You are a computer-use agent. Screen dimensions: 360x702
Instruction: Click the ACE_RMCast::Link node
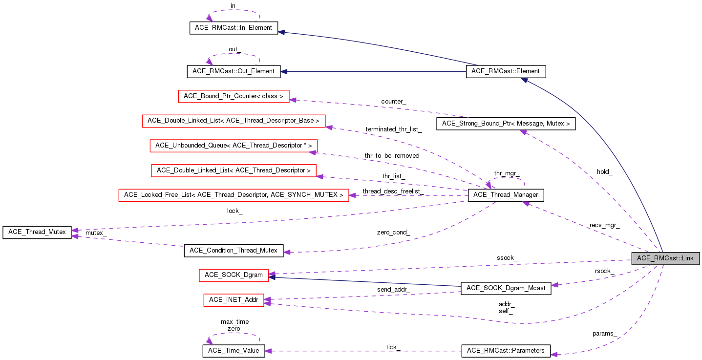[x=665, y=258]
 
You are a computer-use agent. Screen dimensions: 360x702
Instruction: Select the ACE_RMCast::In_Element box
[x=233, y=28]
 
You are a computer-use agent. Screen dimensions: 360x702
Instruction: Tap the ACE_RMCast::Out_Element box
[x=234, y=72]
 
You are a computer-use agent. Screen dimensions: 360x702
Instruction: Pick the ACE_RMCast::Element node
[x=506, y=71]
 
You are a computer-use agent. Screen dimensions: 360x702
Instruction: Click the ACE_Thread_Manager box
[x=506, y=195]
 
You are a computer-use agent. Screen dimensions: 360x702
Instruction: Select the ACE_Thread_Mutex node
[x=37, y=232]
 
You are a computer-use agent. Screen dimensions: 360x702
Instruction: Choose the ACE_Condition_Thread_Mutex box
[x=234, y=251]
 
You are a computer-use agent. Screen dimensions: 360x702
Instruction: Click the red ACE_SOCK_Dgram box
[x=234, y=275]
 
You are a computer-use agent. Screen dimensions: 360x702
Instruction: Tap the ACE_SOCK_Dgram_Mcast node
[x=506, y=288]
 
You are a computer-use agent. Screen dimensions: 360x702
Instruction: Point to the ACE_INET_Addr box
[x=234, y=299]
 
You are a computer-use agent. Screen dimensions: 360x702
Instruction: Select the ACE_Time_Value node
[x=234, y=351]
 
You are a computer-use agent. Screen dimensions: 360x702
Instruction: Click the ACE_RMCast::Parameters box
[x=506, y=351]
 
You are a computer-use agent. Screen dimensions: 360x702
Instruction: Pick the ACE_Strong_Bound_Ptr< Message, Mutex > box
[x=506, y=124]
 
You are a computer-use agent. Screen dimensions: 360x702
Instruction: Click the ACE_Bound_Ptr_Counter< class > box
[x=234, y=96]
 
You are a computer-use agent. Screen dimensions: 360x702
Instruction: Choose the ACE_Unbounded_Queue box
[x=234, y=146]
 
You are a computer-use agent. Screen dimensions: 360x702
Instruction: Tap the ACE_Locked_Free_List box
[x=234, y=195]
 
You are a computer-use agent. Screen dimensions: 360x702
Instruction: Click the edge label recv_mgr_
[x=604, y=226]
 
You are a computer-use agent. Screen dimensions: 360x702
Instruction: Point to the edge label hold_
[x=604, y=172]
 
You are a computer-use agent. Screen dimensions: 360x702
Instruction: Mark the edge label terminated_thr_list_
[x=394, y=129]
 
